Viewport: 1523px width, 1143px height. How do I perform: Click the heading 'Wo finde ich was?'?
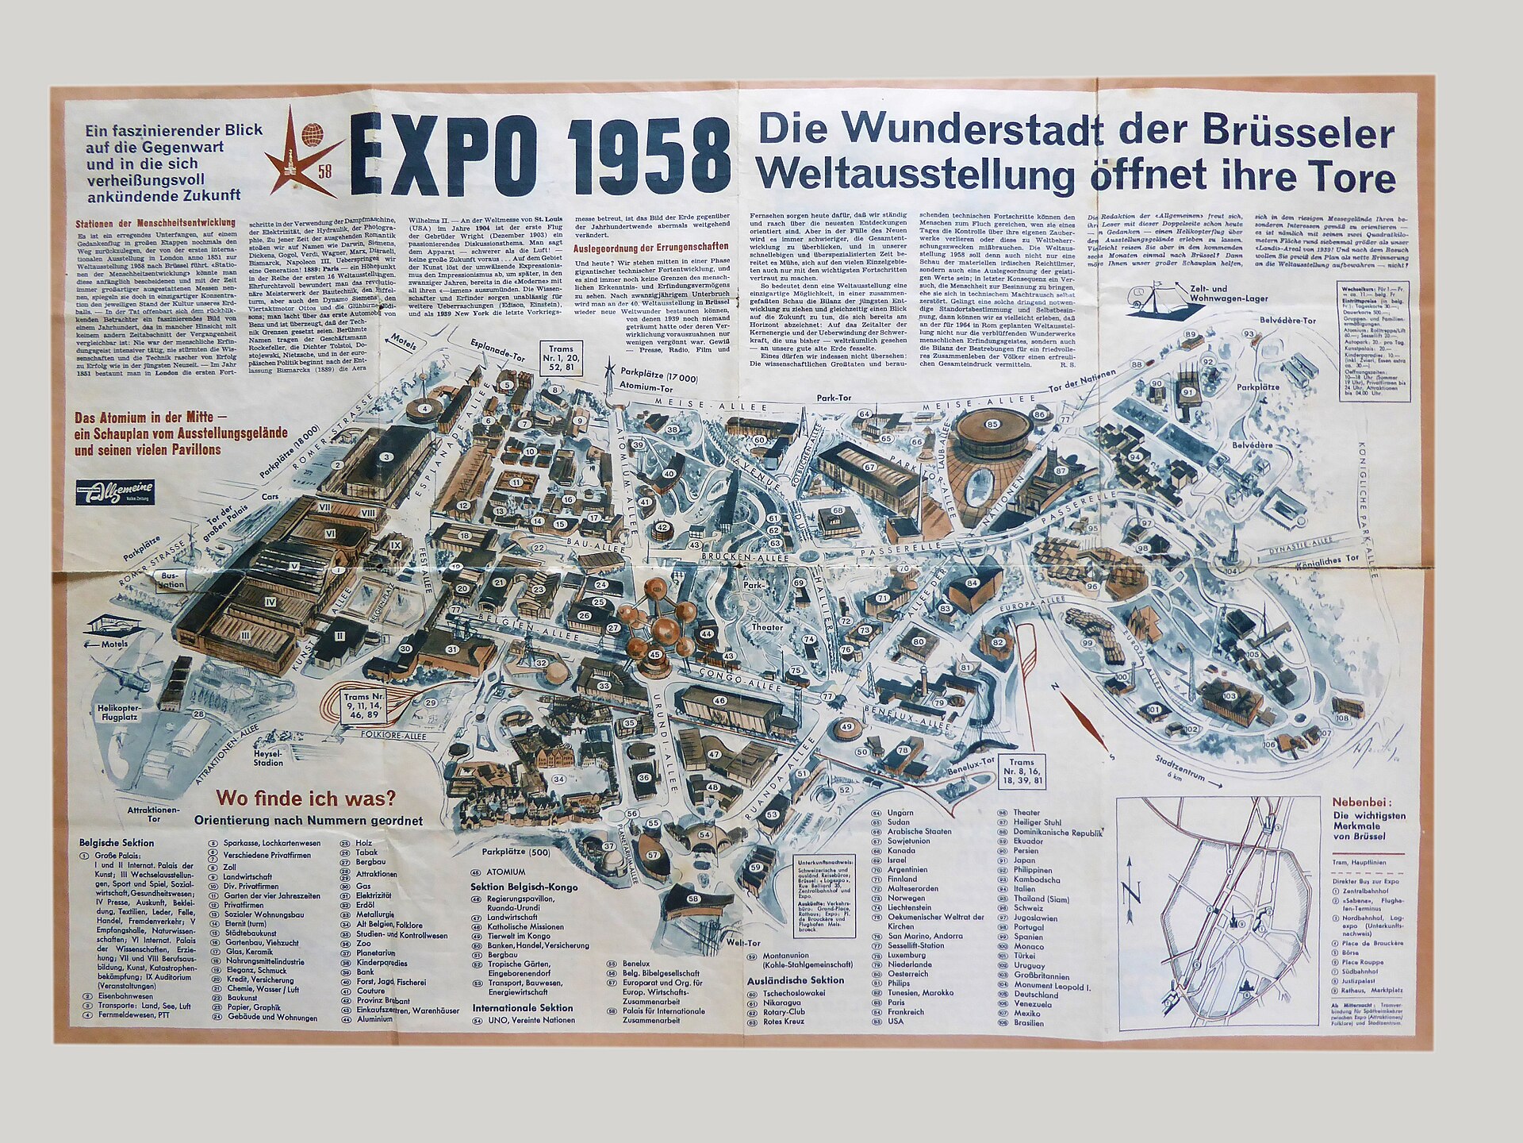(308, 799)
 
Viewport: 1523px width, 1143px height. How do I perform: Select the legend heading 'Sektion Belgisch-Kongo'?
(524, 887)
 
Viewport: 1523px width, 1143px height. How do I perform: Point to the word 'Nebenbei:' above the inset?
(1360, 802)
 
